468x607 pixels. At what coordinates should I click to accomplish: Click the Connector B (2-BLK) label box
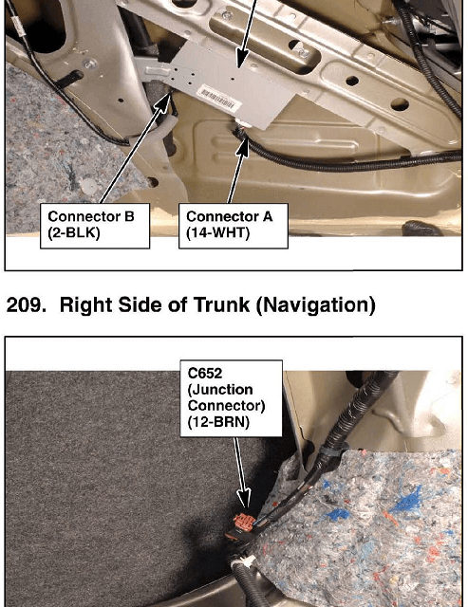pos(95,226)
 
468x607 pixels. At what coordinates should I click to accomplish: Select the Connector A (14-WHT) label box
pos(234,226)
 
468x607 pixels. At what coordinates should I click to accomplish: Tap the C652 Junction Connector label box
pos(232,398)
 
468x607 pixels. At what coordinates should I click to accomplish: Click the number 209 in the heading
pos(23,305)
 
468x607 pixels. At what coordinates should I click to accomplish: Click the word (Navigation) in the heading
pos(316,305)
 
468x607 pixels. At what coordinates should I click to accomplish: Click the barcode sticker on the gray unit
pos(219,97)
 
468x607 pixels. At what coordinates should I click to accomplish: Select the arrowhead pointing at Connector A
pos(242,146)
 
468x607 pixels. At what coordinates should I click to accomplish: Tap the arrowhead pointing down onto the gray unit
pos(242,59)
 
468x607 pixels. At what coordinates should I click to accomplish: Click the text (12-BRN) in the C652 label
pos(218,421)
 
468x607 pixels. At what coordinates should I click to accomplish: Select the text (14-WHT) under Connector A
pos(217,232)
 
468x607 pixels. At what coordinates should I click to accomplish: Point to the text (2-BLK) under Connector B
pos(74,232)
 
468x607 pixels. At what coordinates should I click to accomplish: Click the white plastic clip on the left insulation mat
pos(90,185)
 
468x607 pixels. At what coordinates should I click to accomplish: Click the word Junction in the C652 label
pos(220,390)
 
